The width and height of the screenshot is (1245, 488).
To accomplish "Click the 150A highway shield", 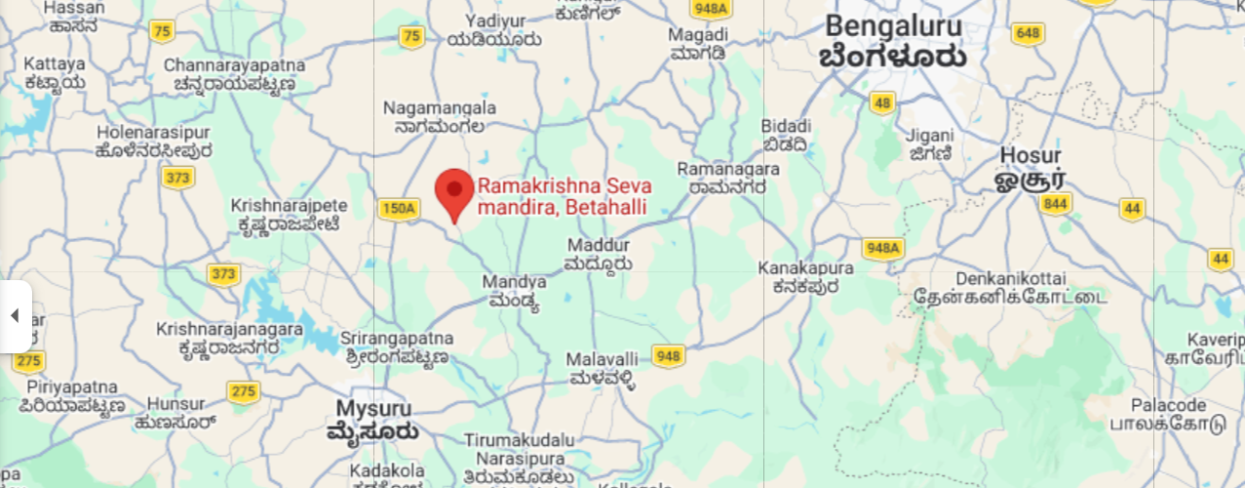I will point(398,208).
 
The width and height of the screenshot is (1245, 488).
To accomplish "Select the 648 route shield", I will point(1028,34).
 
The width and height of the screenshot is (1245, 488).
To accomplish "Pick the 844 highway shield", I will point(1055,204).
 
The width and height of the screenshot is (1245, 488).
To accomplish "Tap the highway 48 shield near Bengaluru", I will point(883,103).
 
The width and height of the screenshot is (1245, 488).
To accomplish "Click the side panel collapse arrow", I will point(15,315).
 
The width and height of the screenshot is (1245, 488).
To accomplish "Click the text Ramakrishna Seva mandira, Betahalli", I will point(564,195).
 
